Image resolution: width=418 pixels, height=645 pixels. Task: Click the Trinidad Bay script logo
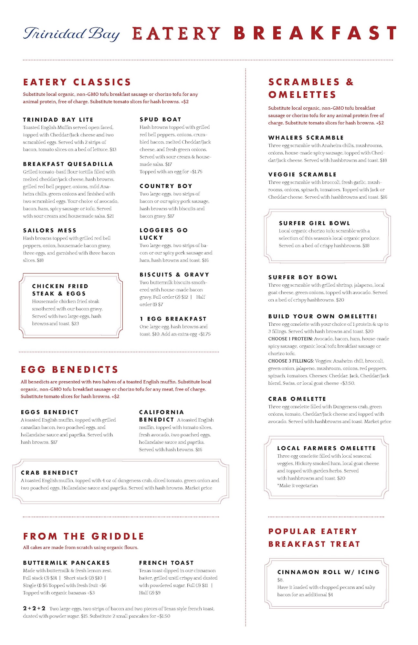click(71, 34)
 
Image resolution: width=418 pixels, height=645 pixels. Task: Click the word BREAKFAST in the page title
click(315, 33)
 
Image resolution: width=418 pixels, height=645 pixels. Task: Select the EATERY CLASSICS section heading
click(77, 82)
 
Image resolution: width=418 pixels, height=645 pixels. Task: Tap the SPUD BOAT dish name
click(160, 119)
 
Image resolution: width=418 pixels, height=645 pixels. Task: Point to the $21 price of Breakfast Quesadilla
click(110, 216)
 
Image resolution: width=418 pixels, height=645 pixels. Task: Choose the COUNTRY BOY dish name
click(166, 186)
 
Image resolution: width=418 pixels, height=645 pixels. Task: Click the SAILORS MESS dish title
click(50, 230)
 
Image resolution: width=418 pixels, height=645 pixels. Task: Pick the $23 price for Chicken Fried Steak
click(75, 323)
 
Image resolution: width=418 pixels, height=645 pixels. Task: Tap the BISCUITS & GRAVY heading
click(174, 274)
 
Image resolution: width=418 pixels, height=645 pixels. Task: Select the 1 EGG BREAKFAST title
click(173, 319)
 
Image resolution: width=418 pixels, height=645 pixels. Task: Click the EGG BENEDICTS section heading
click(69, 370)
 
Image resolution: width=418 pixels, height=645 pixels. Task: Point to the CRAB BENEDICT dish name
click(49, 472)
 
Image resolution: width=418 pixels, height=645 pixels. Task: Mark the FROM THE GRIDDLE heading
click(83, 536)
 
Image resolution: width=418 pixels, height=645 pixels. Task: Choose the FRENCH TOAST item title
click(166, 562)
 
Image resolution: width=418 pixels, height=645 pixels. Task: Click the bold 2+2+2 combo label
click(34, 608)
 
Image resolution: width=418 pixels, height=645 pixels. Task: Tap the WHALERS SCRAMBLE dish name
click(306, 138)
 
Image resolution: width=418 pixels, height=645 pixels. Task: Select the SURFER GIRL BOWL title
click(314, 223)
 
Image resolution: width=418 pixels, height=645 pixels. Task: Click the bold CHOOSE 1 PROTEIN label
click(290, 339)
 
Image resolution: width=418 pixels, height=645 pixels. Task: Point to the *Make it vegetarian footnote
click(297, 486)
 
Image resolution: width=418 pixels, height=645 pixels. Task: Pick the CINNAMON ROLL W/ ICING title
click(328, 572)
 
